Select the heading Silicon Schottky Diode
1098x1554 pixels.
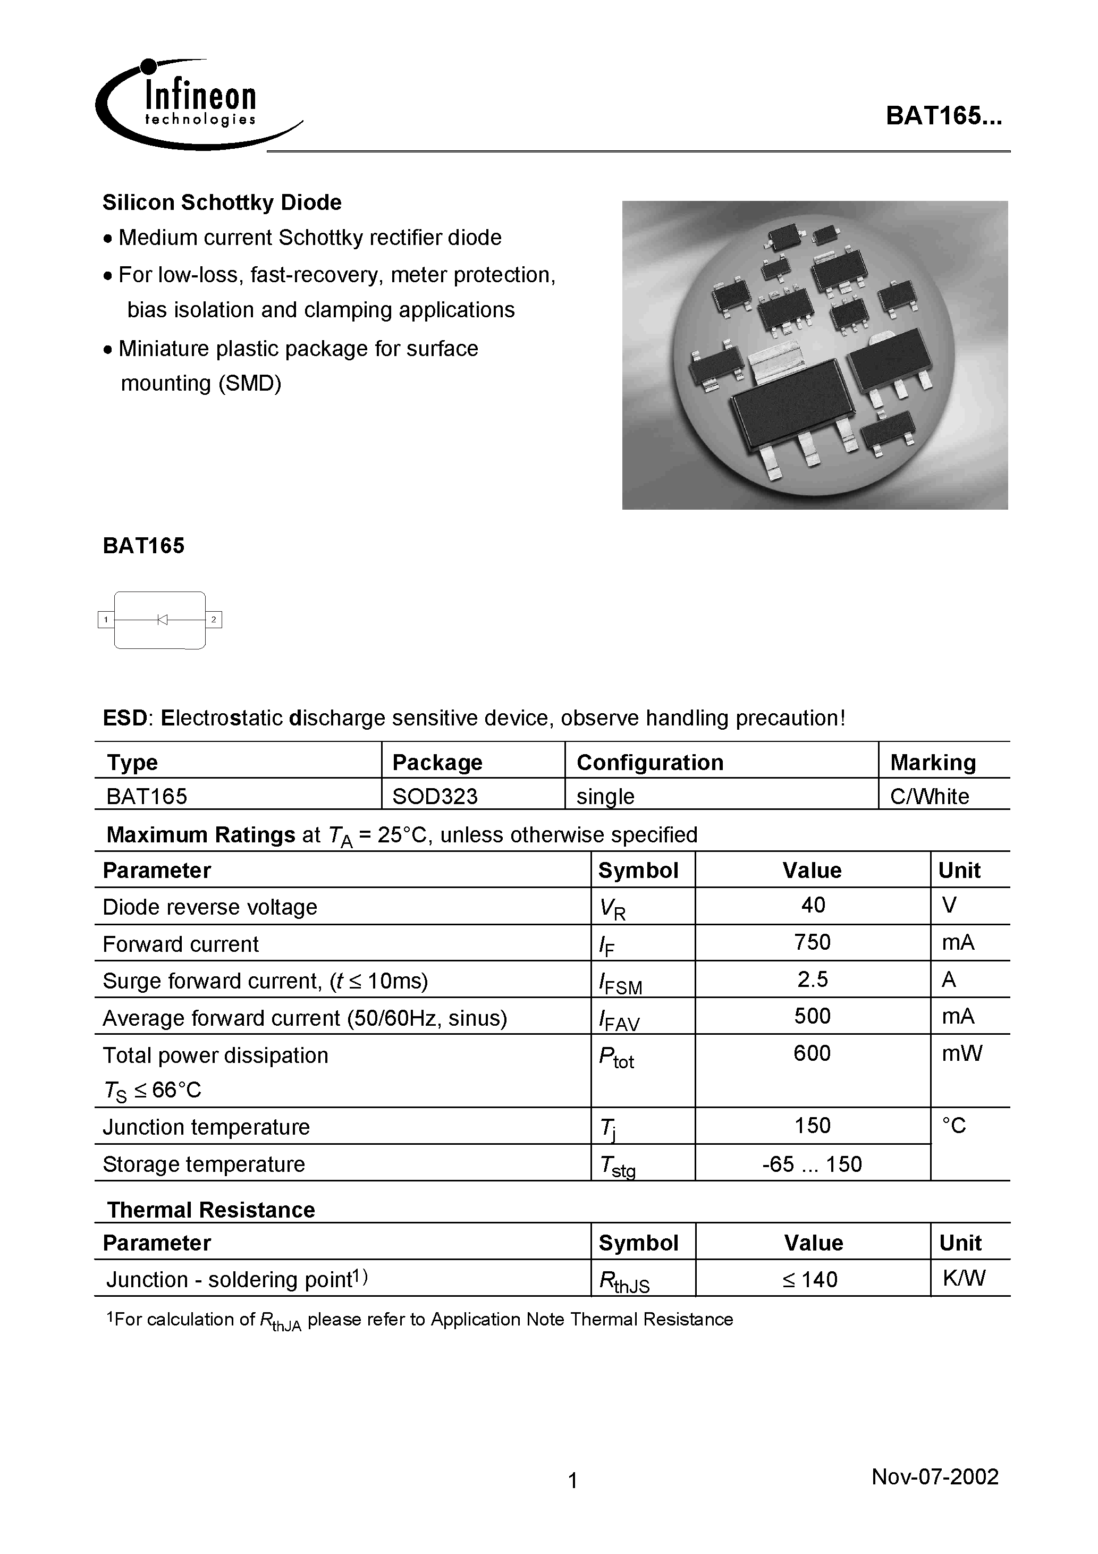pos(222,202)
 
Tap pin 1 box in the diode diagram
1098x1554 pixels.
pos(106,619)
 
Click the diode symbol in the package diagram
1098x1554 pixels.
pos(162,619)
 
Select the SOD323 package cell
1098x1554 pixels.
pos(435,796)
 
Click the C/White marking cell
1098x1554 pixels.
pos(929,796)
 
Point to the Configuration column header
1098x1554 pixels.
pos(649,762)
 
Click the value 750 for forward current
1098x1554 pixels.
pos(812,942)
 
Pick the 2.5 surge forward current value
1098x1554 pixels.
pos(812,979)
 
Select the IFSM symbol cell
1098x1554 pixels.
pos(619,983)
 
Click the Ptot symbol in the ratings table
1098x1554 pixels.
pos(616,1057)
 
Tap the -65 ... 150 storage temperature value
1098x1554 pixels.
pos(812,1164)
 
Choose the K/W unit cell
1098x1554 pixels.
pos(964,1278)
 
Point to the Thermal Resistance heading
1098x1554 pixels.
pos(210,1210)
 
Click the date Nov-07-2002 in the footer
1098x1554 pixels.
pos(934,1476)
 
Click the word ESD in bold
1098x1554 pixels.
pos(124,718)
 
